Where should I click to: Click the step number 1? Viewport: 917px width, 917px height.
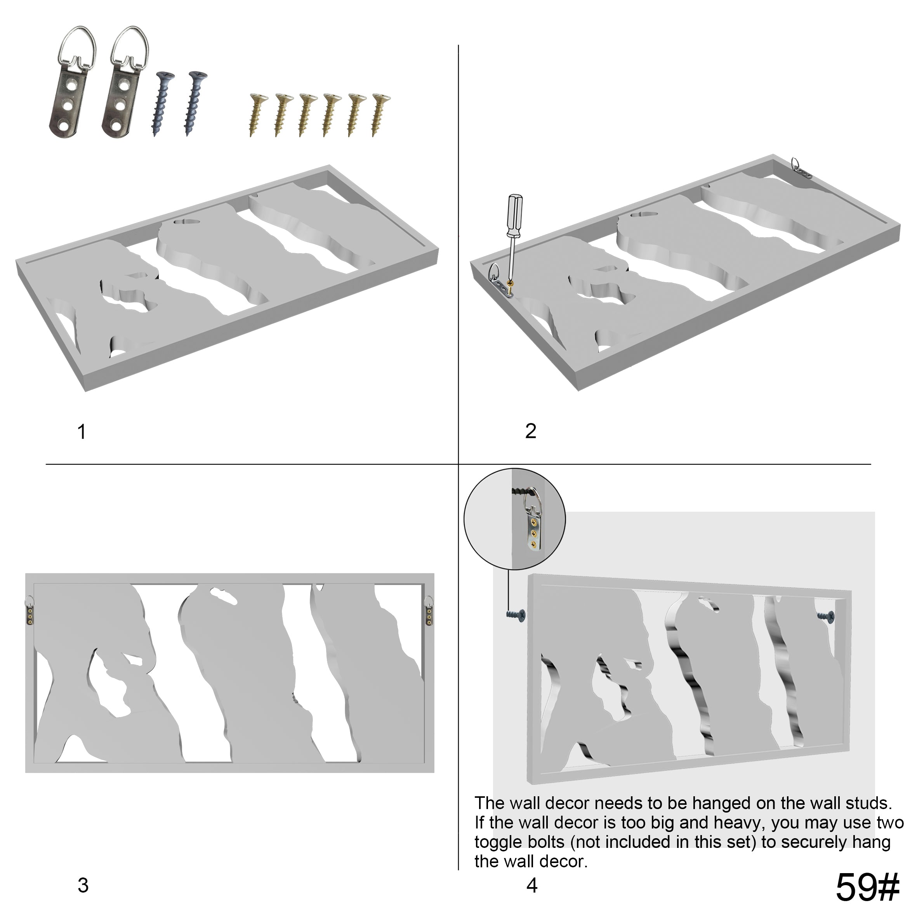click(x=82, y=432)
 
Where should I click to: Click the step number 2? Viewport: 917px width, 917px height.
click(x=531, y=431)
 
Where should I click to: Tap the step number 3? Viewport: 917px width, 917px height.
click(x=83, y=885)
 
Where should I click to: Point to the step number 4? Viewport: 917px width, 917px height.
click(x=532, y=885)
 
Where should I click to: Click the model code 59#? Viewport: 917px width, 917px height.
click(x=868, y=887)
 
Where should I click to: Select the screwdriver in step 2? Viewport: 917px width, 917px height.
click(x=514, y=237)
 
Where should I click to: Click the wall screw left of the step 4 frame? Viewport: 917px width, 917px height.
click(x=516, y=615)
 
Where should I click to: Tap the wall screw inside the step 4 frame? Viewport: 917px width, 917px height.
click(x=826, y=616)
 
